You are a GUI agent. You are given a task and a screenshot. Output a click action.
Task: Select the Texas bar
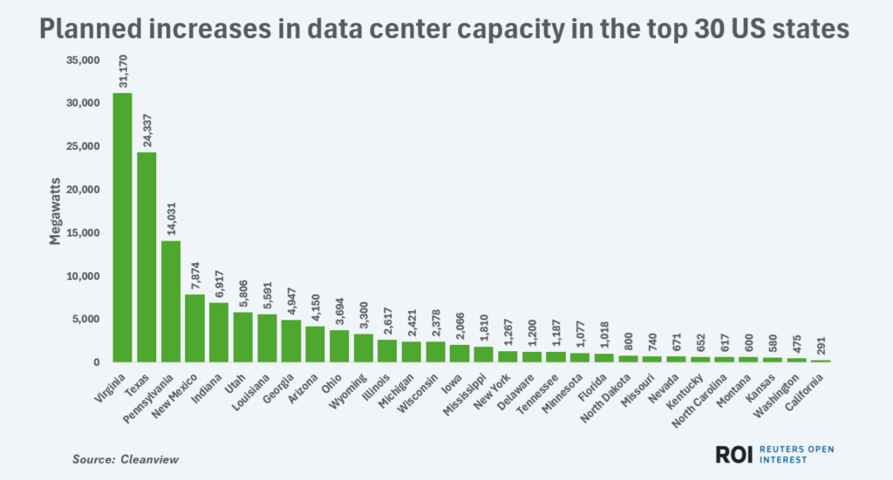point(147,257)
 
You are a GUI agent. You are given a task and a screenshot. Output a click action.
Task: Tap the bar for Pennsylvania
point(171,301)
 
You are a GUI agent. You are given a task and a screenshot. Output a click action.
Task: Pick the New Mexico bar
point(195,328)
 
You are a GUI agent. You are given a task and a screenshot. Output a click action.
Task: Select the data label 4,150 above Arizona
point(316,309)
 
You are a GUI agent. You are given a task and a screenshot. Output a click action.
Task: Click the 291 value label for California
point(821,346)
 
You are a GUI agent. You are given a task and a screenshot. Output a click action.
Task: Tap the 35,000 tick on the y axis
point(83,60)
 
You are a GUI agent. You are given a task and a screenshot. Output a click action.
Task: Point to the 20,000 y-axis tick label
point(83,190)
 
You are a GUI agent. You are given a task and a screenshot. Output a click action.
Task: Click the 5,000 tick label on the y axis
point(86,319)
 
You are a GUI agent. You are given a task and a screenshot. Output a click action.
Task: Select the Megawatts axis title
point(55,212)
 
